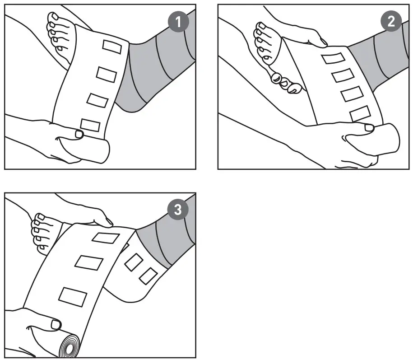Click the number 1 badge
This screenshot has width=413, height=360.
(179, 23)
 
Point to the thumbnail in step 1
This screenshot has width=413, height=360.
(79, 134)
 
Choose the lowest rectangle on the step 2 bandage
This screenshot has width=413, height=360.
(359, 113)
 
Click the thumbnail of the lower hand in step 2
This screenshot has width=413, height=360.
(370, 128)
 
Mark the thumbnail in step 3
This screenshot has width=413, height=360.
(56, 324)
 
